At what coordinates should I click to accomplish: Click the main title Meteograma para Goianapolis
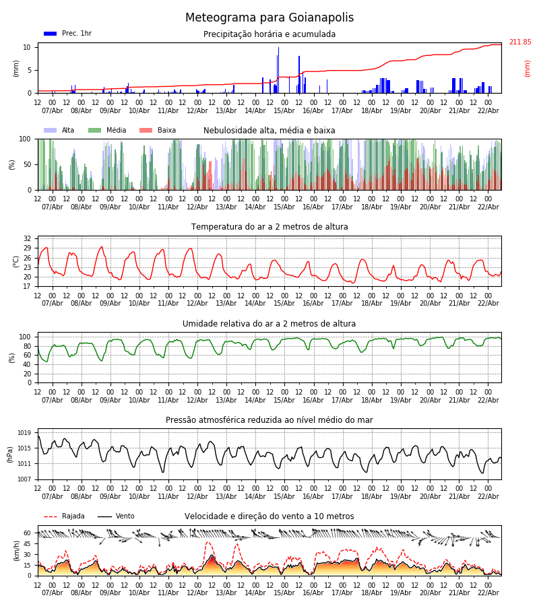[x=269, y=18]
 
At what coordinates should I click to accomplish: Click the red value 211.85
[x=519, y=42]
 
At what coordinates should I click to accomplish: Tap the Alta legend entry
[x=68, y=131]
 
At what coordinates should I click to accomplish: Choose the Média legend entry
[x=116, y=131]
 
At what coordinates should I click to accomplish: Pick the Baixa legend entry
[x=166, y=131]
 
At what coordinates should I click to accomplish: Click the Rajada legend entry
[x=73, y=516]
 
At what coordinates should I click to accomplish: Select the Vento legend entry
[x=125, y=516]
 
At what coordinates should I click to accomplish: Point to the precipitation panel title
[x=269, y=34]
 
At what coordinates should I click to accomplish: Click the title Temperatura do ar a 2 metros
[x=269, y=227]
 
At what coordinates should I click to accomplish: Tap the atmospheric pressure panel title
[x=269, y=420]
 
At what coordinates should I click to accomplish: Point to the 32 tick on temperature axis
[x=27, y=239]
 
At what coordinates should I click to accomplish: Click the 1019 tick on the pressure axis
[x=24, y=433]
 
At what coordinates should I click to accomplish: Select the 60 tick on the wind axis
[x=27, y=533]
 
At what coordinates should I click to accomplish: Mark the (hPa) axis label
[x=10, y=454]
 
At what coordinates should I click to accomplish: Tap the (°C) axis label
[x=16, y=261]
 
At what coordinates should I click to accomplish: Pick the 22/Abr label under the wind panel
[x=488, y=593]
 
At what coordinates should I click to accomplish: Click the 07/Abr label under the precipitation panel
[x=52, y=110]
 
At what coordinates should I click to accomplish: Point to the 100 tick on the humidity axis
[x=25, y=337]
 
